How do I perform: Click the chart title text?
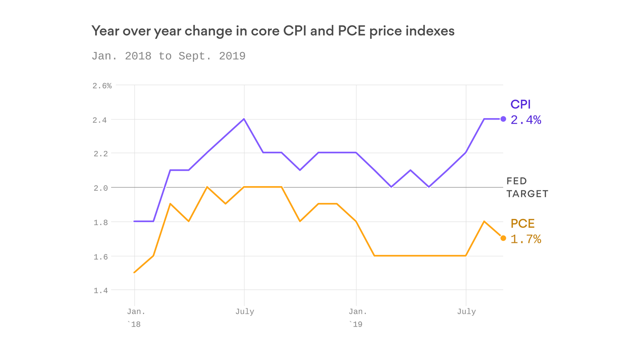click(273, 31)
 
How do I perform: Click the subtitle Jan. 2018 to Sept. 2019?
click(168, 56)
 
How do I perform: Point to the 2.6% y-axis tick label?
click(102, 86)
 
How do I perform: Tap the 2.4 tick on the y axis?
click(100, 120)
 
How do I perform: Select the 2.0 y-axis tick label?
click(100, 188)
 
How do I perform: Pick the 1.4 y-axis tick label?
click(100, 291)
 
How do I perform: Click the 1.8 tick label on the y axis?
click(100, 222)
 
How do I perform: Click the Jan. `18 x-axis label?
click(135, 317)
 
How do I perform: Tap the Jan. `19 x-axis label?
click(357, 317)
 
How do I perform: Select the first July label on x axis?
click(245, 312)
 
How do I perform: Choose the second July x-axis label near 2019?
click(466, 312)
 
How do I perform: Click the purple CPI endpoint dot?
click(503, 119)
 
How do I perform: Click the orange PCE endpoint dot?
click(503, 238)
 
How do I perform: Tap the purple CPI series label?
click(521, 105)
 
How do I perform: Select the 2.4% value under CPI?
click(526, 120)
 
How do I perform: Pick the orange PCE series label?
click(522, 224)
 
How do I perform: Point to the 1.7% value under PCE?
click(526, 240)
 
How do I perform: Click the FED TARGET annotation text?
click(527, 187)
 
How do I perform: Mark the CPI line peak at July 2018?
click(244, 119)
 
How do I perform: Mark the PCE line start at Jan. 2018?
click(135, 272)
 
